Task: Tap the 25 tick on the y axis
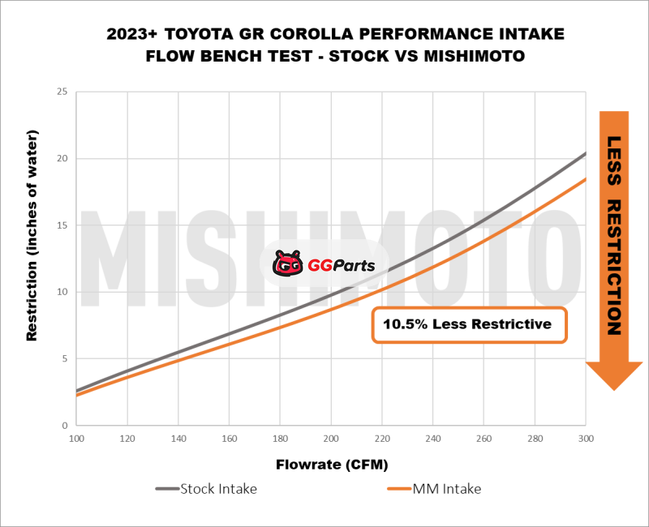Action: point(62,92)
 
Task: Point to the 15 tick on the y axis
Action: point(62,225)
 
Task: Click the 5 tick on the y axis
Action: point(65,358)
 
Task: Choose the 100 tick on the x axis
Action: point(76,438)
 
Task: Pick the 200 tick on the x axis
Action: point(330,438)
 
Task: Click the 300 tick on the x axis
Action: point(585,438)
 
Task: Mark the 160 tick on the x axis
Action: point(229,438)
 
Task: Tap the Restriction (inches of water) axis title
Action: point(32,258)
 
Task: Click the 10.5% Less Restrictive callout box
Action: point(469,325)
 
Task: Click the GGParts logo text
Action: point(341,264)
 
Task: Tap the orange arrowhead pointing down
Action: point(614,375)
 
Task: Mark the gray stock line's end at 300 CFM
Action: point(585,152)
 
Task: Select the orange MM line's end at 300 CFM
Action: point(585,179)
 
